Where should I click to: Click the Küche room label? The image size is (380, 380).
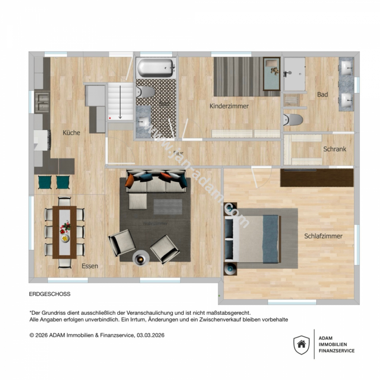pos(71,133)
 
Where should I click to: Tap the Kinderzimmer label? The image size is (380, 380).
pos(229,106)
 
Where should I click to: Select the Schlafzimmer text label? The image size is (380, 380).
pos(323,236)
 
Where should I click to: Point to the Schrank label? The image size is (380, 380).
pos(335,149)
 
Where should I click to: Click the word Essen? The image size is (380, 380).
pos(90,266)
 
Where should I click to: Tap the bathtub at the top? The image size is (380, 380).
pos(156,67)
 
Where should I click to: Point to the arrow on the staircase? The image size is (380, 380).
pos(120,102)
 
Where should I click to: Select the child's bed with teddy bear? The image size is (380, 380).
pos(272,74)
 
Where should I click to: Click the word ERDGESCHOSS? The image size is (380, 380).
pos(50,294)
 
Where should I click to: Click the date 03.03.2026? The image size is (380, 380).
pos(150,335)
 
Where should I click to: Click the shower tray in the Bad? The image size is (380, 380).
pos(294,74)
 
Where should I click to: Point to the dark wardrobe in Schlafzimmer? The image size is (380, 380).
pos(317,178)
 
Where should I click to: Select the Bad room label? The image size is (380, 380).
pos(323,95)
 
